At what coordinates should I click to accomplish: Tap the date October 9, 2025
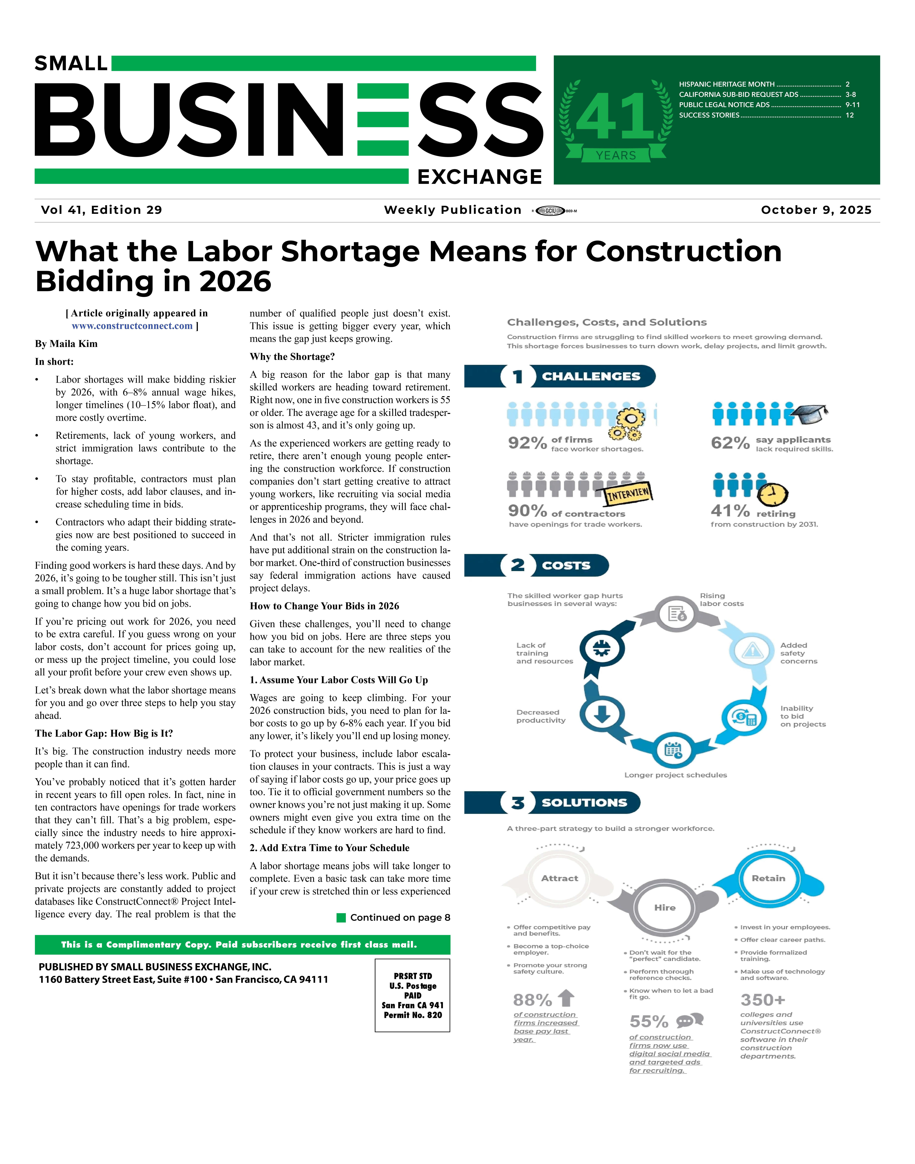click(816, 210)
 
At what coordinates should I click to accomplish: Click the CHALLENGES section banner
click(590, 376)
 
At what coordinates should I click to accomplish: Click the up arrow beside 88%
click(566, 998)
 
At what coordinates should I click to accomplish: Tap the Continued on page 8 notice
click(394, 918)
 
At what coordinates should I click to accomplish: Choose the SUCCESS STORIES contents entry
click(709, 115)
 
